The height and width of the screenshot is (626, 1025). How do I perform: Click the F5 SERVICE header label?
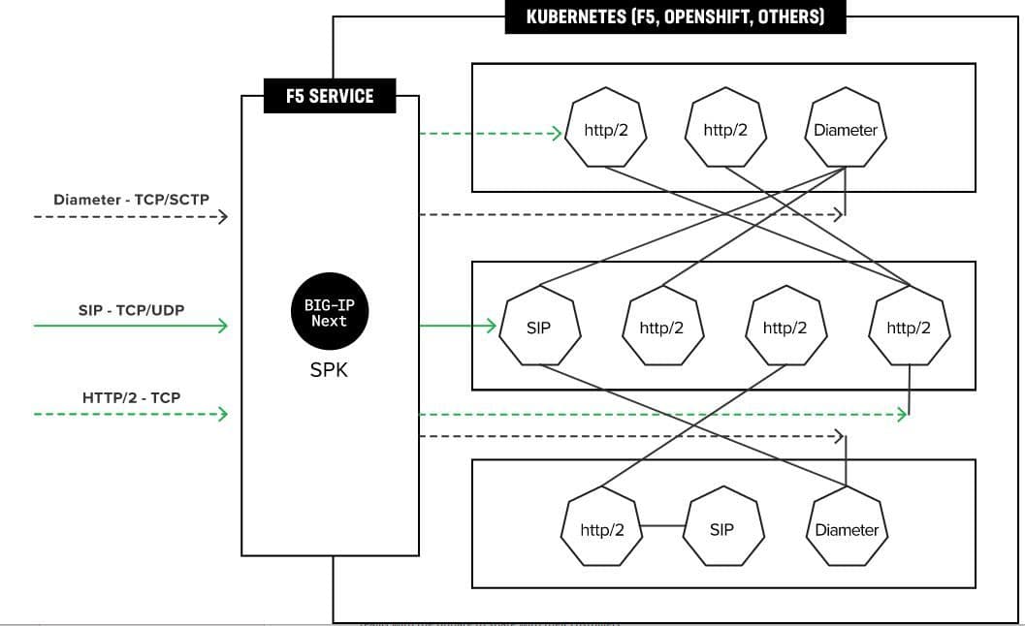click(x=330, y=96)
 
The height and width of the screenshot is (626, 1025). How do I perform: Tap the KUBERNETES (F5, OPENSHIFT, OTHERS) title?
click(x=675, y=16)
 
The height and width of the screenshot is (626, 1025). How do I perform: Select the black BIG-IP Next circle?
click(x=330, y=313)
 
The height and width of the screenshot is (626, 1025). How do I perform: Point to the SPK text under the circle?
click(x=330, y=370)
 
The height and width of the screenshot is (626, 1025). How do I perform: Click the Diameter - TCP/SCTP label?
click(x=131, y=200)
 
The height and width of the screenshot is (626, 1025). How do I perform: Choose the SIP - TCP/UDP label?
click(x=131, y=310)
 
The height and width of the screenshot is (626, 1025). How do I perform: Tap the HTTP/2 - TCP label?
click(x=131, y=397)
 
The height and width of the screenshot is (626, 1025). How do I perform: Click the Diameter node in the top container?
click(x=846, y=130)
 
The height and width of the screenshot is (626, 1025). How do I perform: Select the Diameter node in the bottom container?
click(x=846, y=529)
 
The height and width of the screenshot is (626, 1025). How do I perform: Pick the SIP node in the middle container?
click(x=539, y=328)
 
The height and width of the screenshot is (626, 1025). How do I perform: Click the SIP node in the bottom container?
click(x=722, y=529)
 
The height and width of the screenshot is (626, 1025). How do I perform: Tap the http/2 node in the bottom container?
click(x=601, y=529)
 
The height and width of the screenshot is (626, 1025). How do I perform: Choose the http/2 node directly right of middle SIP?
click(x=662, y=328)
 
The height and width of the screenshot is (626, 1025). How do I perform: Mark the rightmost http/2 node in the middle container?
click(x=910, y=328)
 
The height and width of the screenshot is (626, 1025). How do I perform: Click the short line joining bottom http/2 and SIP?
click(x=662, y=526)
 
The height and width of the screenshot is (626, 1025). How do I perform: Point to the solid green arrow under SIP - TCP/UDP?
click(x=131, y=326)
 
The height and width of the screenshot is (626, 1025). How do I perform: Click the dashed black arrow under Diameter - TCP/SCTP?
click(x=131, y=216)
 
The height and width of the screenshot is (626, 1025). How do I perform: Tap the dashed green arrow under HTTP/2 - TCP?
click(x=131, y=415)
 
